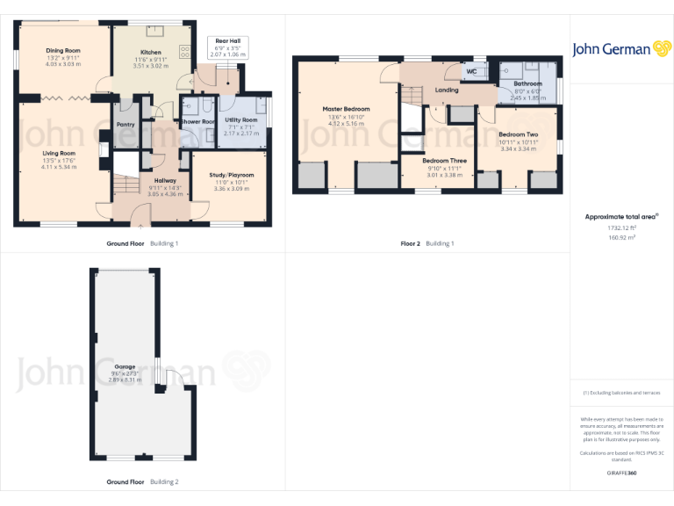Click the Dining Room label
[62, 51]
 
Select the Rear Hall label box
[228, 47]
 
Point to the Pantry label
[125, 125]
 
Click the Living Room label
[60, 153]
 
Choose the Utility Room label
[240, 119]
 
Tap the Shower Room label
[197, 121]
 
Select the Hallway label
[165, 180]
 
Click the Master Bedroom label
[346, 109]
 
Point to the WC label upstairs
[471, 71]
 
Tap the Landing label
[446, 90]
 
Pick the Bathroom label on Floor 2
[527, 84]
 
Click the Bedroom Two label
[517, 134]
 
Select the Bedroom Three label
[444, 161]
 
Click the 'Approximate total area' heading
[620, 216]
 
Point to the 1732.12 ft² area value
[621, 228]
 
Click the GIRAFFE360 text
[621, 473]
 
